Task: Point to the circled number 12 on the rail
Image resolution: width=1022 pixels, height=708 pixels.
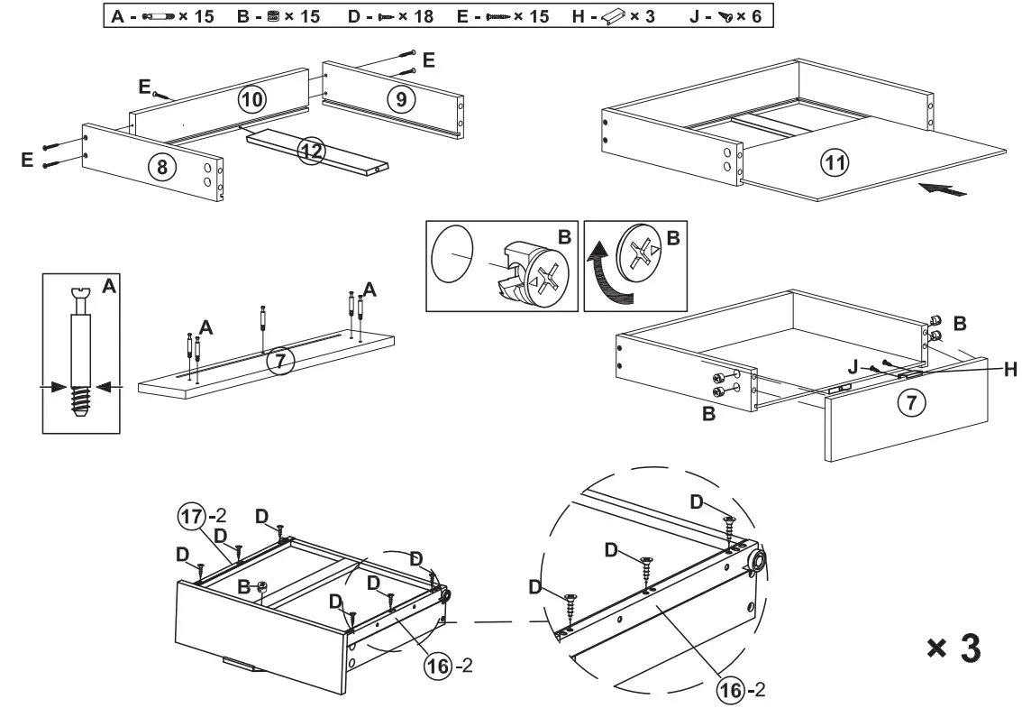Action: [x=311, y=151]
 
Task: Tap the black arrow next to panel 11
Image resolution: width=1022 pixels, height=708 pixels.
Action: [x=943, y=189]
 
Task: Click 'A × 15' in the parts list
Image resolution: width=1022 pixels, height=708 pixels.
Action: [x=158, y=17]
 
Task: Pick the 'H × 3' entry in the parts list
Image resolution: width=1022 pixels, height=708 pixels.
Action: [x=622, y=17]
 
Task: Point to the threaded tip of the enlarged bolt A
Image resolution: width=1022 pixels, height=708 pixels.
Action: [x=80, y=403]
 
